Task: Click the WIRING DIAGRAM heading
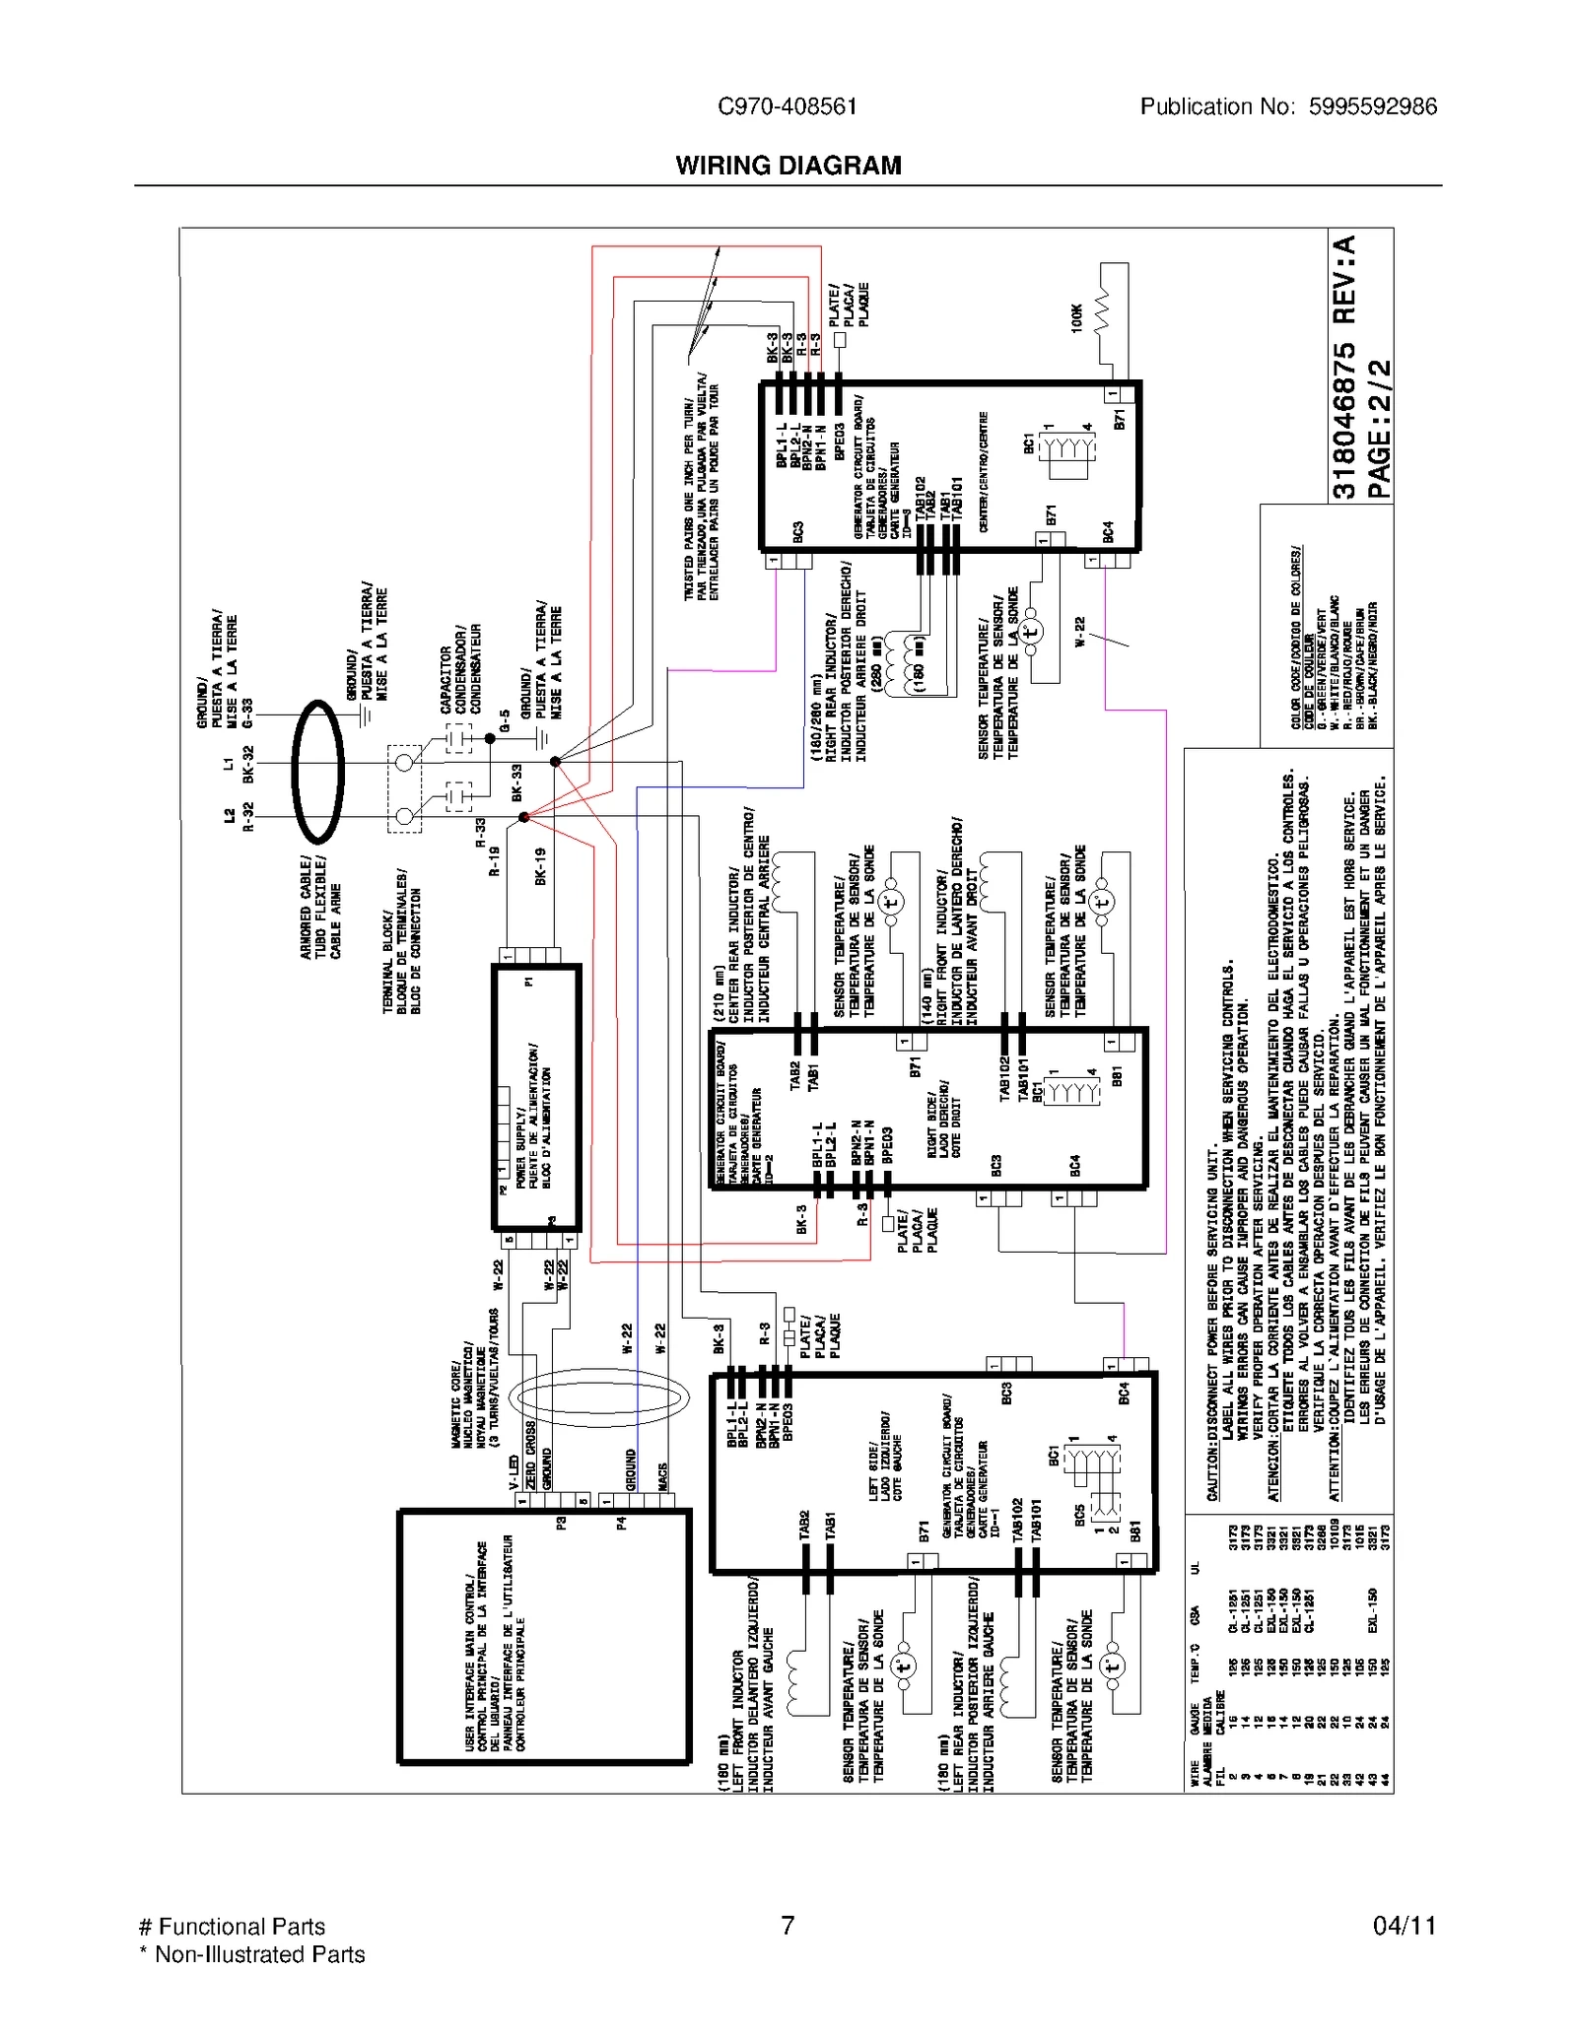[x=788, y=166]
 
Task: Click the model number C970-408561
[x=787, y=106]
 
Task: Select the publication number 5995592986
[x=1372, y=106]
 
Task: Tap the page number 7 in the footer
[x=788, y=1925]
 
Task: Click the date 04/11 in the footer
[x=1404, y=1925]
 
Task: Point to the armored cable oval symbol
[x=317, y=771]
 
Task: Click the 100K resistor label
[x=1076, y=317]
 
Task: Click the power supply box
[x=536, y=1097]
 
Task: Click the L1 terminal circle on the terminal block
[x=404, y=763]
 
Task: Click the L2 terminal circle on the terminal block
[x=404, y=816]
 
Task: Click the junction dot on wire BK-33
[x=555, y=762]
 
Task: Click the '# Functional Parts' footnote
[x=233, y=1926]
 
